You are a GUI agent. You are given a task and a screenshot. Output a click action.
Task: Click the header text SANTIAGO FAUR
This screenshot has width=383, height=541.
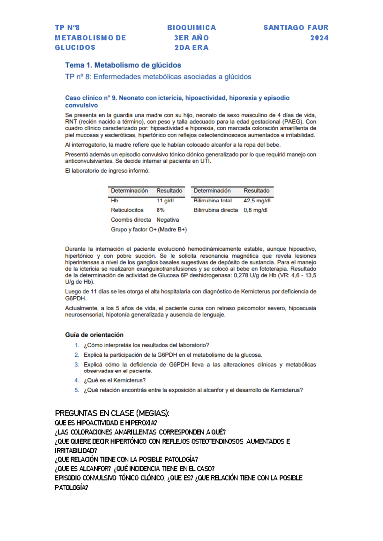296,28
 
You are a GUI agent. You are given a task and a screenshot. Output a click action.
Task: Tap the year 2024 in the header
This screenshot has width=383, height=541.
319,38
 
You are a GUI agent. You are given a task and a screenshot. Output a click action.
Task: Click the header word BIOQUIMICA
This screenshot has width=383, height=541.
191,28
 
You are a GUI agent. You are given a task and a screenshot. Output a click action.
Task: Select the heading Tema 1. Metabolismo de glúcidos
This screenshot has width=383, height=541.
123,65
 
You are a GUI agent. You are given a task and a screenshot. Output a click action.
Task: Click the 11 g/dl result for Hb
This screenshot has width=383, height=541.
165,201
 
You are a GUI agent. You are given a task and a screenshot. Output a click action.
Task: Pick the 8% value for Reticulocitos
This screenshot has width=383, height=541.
161,210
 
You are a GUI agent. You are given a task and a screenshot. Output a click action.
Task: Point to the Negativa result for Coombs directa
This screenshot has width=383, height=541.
168,220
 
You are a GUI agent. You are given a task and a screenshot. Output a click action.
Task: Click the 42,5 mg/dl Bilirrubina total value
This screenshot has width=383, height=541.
257,201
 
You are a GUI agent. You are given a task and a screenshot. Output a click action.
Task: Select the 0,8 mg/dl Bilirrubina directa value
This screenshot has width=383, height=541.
255,210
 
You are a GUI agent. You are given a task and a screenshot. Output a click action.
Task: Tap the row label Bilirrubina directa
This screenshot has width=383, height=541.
215,210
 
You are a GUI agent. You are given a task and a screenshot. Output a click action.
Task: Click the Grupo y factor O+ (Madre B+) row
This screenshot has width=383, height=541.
149,229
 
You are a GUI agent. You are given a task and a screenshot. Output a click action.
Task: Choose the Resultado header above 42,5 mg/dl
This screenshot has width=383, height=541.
256,191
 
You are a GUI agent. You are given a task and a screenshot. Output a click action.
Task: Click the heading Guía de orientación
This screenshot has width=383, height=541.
94,335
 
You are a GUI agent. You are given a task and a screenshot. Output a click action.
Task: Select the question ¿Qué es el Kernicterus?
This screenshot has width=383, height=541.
115,380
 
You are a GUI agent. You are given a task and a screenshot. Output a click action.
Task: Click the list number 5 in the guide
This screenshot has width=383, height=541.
77,390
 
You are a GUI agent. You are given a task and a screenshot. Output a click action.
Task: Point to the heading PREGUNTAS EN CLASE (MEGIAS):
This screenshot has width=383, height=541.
112,413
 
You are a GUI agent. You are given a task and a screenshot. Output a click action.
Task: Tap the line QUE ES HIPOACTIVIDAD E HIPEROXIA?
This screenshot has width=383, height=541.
106,423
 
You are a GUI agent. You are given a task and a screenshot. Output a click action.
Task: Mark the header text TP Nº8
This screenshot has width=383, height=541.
67,28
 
